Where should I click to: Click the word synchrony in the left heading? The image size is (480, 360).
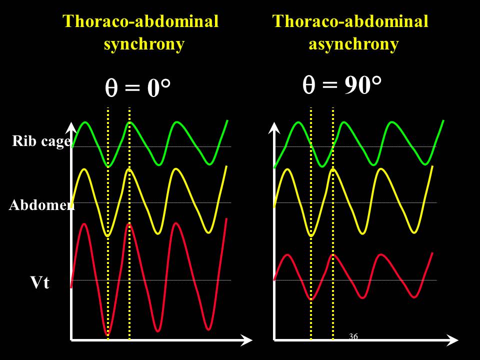point(144,44)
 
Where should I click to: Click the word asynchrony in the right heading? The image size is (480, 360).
point(353,44)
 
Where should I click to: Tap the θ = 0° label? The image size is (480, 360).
point(137,89)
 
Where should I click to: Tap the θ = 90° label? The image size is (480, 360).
point(342,86)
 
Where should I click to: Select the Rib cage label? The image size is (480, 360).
point(41,141)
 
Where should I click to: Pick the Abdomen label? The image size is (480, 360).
point(41,205)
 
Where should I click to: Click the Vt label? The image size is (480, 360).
point(40,283)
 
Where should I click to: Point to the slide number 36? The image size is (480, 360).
point(353,336)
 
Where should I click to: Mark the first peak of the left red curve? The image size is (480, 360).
point(84,223)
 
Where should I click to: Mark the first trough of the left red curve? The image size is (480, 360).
point(107,333)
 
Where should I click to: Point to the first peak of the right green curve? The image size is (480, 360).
point(298,122)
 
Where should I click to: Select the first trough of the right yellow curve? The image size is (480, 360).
point(311,235)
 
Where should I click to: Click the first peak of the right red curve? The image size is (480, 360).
point(287,255)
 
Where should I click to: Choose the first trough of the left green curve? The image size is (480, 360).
point(108,166)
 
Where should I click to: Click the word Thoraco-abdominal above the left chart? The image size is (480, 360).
point(140,21)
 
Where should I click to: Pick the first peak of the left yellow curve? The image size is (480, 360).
point(84,169)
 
